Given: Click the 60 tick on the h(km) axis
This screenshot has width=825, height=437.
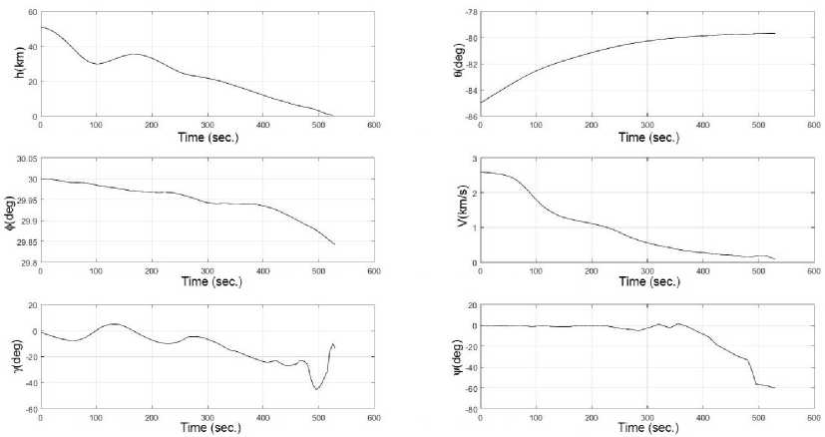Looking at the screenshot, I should pyautogui.click(x=31, y=13).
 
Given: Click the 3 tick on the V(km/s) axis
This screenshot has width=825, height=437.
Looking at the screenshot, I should pyautogui.click(x=474, y=159).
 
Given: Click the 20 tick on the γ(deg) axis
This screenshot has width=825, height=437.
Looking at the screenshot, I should pyautogui.click(x=31, y=305).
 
